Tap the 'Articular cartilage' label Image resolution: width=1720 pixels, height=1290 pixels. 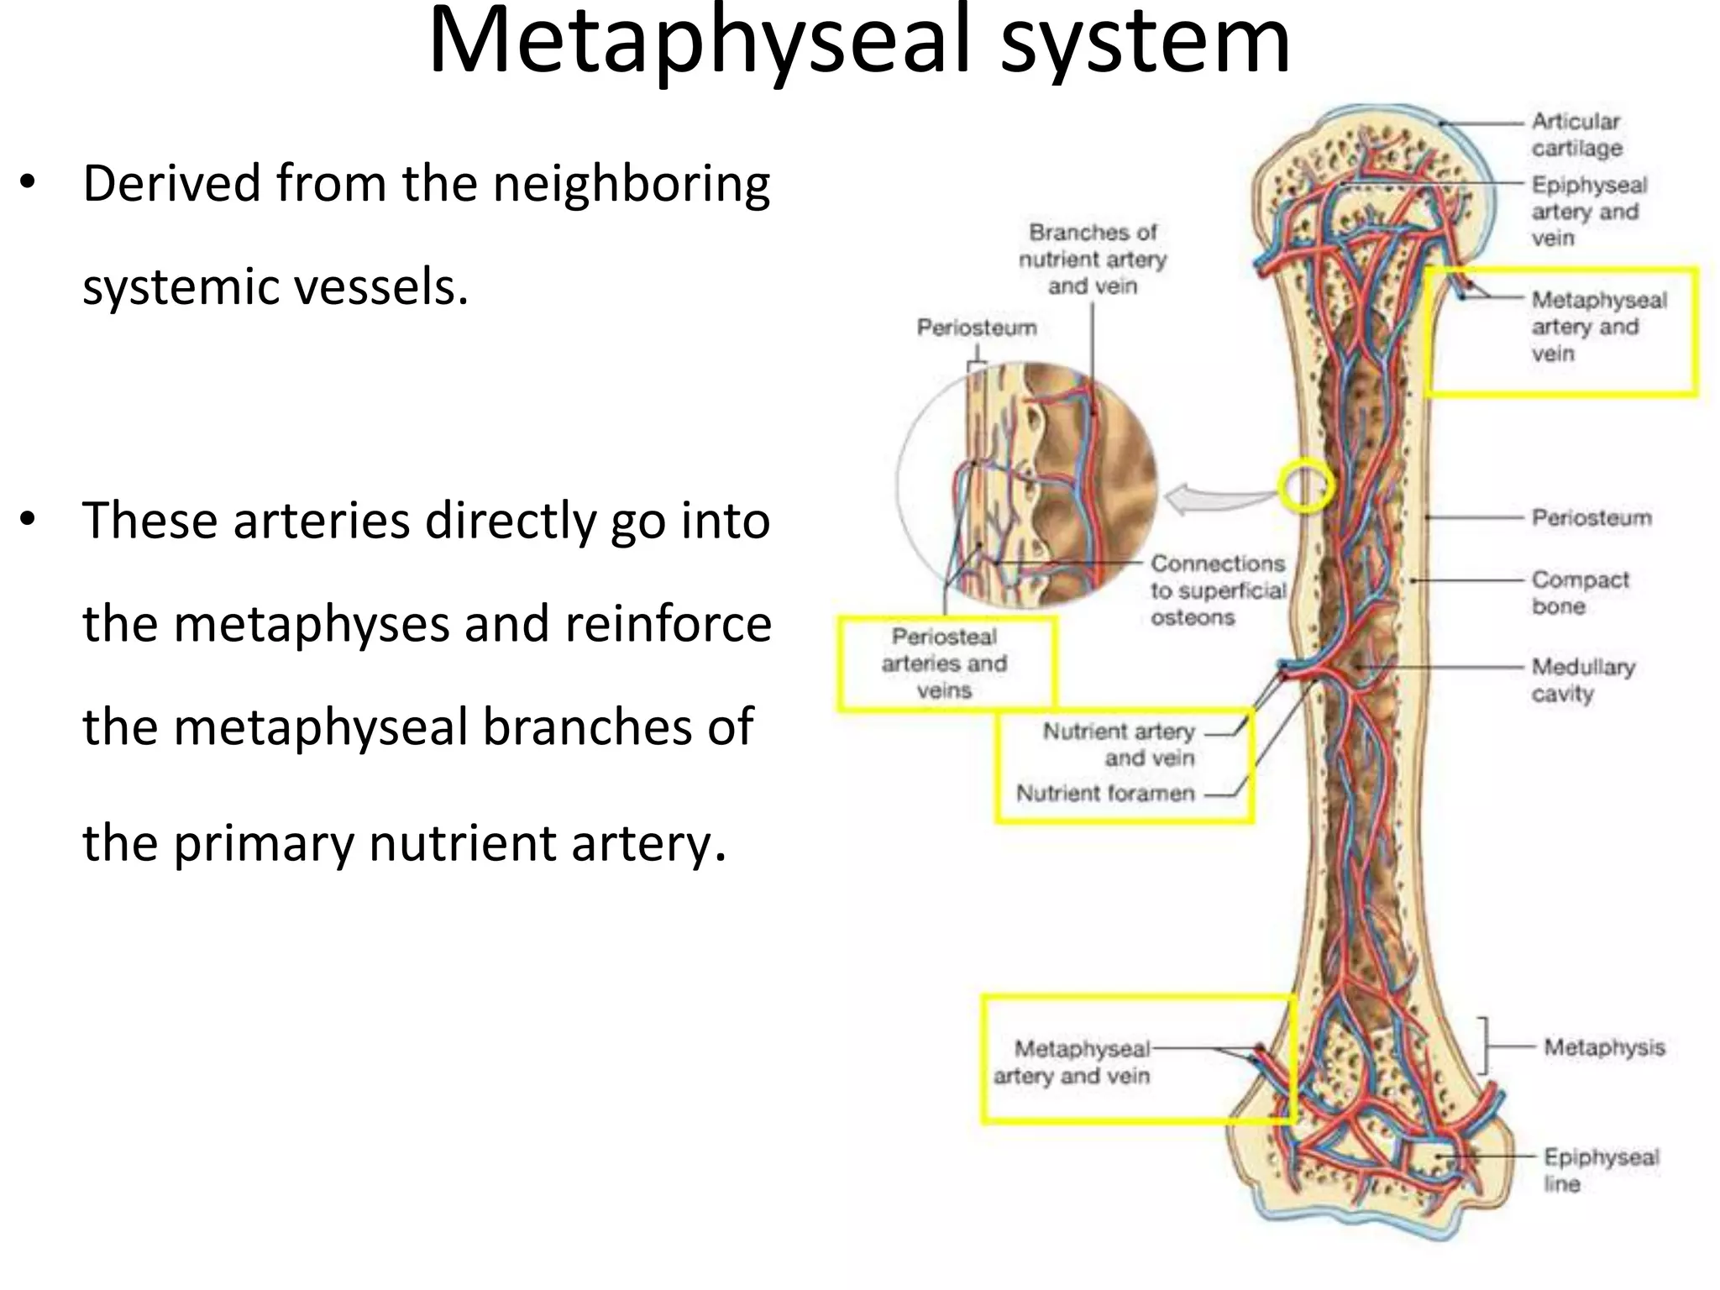click(1576, 134)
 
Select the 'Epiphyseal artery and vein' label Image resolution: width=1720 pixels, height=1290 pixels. click(1588, 211)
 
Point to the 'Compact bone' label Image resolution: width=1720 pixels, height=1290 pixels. click(1580, 592)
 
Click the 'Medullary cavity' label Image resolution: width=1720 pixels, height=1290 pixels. click(1583, 679)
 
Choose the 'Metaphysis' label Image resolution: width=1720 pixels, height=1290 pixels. click(1604, 1047)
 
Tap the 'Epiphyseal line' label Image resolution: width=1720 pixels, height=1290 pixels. click(1601, 1170)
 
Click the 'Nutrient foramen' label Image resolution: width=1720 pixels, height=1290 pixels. click(1105, 793)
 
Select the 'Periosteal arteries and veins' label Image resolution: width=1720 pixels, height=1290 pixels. click(944, 663)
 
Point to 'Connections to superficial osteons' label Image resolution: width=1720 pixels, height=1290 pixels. click(1218, 590)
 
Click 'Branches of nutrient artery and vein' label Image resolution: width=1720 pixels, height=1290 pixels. click(1093, 259)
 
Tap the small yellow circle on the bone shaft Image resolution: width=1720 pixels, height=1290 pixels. click(1305, 485)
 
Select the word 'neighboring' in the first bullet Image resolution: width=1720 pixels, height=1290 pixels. click(631, 185)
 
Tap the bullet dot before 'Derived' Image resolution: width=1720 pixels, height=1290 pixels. click(29, 182)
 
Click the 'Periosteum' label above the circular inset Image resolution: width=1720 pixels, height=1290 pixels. click(977, 328)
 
